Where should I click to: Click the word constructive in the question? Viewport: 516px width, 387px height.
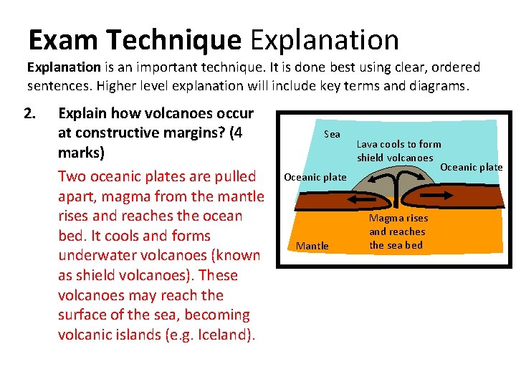point(118,133)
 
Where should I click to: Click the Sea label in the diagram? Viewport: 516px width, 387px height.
point(332,134)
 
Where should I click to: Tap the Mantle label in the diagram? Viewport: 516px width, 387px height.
point(312,246)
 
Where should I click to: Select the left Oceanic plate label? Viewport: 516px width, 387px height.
point(315,177)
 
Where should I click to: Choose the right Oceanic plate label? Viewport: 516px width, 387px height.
point(471,167)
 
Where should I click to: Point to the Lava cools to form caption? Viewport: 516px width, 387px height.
point(399,144)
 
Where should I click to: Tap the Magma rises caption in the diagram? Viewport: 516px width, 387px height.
point(398,218)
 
